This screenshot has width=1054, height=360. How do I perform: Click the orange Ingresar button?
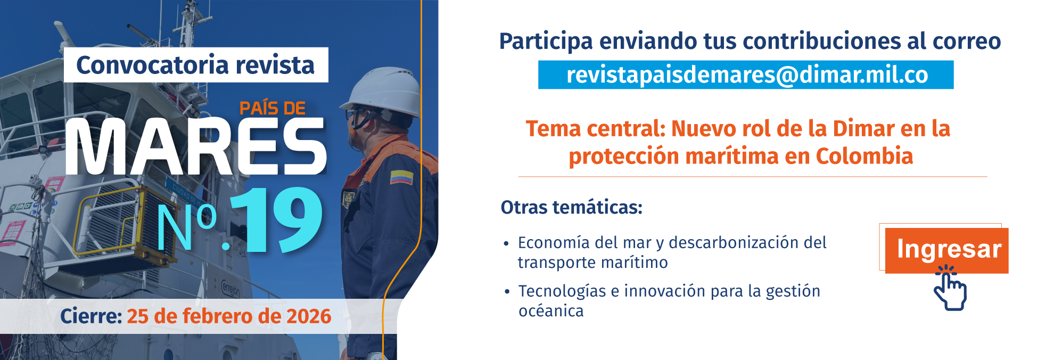pos(946,250)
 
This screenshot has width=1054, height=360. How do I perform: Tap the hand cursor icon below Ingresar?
pos(950,290)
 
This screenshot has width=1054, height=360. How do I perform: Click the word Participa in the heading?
pos(546,42)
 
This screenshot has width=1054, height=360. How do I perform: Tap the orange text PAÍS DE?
pos(272,108)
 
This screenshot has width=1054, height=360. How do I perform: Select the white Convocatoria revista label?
pos(195,65)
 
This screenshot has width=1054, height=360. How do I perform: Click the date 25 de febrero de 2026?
pos(229,316)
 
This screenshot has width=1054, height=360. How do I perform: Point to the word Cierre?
pos(91,316)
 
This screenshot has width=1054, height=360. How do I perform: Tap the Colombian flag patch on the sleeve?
pos(401,177)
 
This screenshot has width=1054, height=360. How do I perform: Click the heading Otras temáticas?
pos(571,207)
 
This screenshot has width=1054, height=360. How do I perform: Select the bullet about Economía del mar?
pos(671,252)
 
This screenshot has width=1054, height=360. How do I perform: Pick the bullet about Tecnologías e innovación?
pos(669,301)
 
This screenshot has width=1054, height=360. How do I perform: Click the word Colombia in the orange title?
pos(864,157)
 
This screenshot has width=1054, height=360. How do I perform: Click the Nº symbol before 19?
pos(186,226)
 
